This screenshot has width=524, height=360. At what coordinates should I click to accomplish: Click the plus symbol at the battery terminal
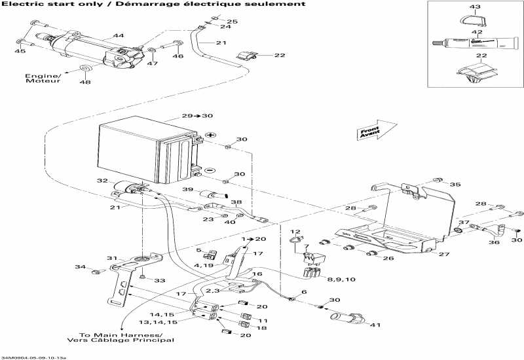pyautogui.click(x=211, y=134)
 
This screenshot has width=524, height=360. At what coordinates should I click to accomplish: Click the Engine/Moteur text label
pyautogui.click(x=43, y=79)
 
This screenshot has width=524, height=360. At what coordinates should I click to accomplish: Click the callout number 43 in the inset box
pyautogui.click(x=475, y=7)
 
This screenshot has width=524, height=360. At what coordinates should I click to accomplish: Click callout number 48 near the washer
pyautogui.click(x=84, y=82)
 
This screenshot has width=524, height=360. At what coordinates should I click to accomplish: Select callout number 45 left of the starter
pyautogui.click(x=20, y=51)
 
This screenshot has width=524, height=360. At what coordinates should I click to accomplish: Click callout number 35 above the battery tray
pyautogui.click(x=455, y=185)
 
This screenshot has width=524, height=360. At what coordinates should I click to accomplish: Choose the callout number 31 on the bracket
pyautogui.click(x=112, y=257)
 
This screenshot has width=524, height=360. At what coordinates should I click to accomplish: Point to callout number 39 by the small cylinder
pyautogui.click(x=187, y=189)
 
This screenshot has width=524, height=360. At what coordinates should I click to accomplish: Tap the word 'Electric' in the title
pyautogui.click(x=19, y=4)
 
